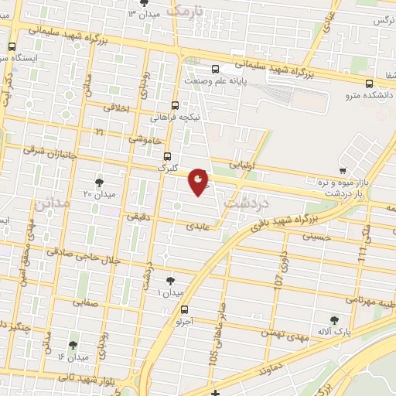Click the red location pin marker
(x=199, y=182)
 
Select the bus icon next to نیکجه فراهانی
(x=175, y=105)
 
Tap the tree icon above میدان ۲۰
(x=99, y=182)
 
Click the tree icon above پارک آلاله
(x=334, y=320)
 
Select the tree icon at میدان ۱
(x=170, y=282)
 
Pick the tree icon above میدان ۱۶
(x=73, y=345)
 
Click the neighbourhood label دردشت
(x=245, y=203)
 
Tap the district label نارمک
(x=188, y=11)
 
